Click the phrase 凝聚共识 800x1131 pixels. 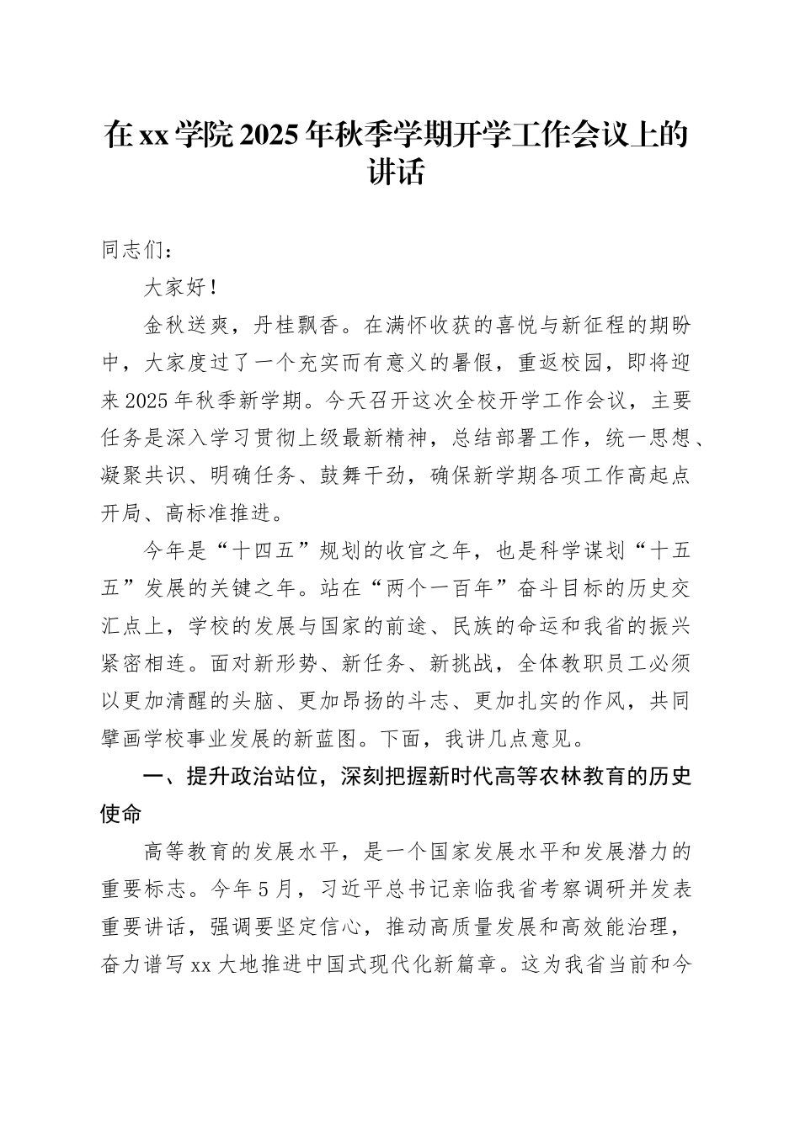(x=144, y=475)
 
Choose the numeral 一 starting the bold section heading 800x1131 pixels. (x=154, y=777)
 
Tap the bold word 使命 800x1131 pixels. (x=122, y=814)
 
